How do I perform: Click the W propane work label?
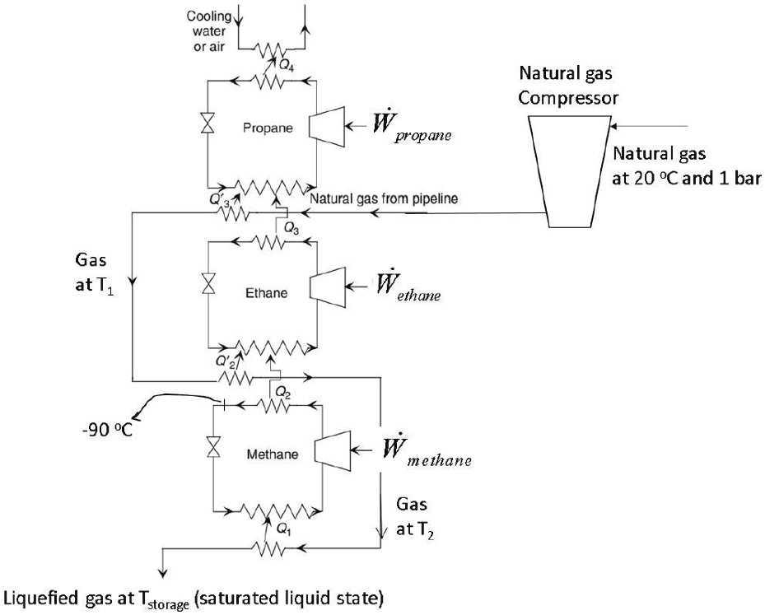(412, 130)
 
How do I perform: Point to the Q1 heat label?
(282, 531)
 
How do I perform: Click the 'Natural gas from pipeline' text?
(378, 198)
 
